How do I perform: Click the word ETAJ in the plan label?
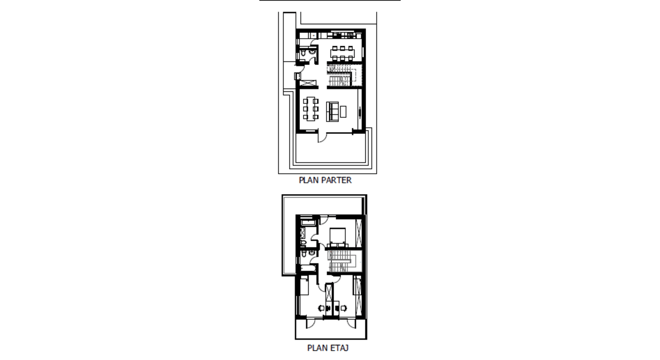coord(340,348)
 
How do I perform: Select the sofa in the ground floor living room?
coord(332,112)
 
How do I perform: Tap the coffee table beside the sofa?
coord(343,112)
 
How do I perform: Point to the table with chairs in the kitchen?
coord(342,53)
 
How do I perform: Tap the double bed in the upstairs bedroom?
coord(337,237)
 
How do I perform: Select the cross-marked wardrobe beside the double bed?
coord(359,232)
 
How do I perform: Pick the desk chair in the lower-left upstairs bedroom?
coord(322,308)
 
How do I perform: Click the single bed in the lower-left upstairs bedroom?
coord(304,287)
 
